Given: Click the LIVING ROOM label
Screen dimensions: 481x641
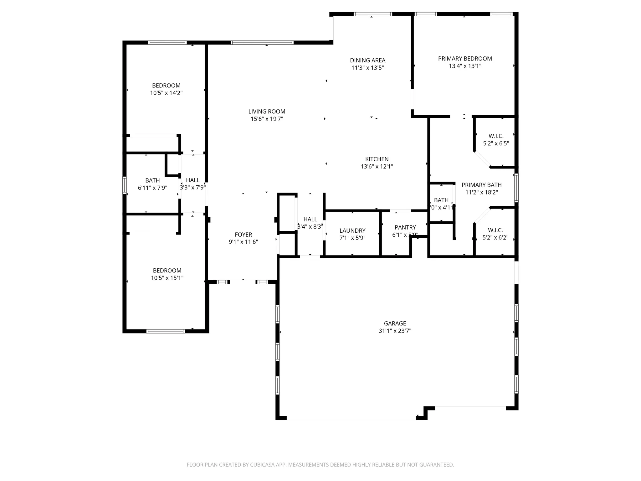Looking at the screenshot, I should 267,111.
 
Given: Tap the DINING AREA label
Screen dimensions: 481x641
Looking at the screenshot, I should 367,60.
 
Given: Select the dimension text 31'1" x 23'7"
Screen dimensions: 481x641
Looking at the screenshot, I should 395,331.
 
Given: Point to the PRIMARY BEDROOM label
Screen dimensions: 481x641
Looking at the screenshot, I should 465,59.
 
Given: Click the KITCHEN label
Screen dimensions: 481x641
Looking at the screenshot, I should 377,159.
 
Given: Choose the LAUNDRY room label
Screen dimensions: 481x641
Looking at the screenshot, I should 352,230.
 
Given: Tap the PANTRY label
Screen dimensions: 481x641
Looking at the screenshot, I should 405,227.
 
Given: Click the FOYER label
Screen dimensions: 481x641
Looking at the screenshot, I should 243,235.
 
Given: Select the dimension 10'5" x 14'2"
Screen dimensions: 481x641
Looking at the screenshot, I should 166,93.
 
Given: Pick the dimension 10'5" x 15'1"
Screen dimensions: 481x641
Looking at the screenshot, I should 167,278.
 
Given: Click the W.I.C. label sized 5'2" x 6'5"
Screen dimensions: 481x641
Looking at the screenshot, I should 496,136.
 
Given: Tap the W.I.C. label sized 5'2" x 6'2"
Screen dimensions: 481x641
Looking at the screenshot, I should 495,230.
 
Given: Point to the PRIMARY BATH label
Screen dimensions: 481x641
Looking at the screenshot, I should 481,185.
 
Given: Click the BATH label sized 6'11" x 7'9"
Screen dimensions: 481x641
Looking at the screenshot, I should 152,180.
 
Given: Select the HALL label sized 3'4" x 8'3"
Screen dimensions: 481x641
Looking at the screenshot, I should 310,219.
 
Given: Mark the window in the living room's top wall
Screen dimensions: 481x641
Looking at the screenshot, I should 262,43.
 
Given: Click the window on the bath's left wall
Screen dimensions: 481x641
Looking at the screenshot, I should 125,185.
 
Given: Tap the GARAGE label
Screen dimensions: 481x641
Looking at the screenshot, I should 395,323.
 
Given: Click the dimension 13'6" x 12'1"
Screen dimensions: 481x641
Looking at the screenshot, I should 377,167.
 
